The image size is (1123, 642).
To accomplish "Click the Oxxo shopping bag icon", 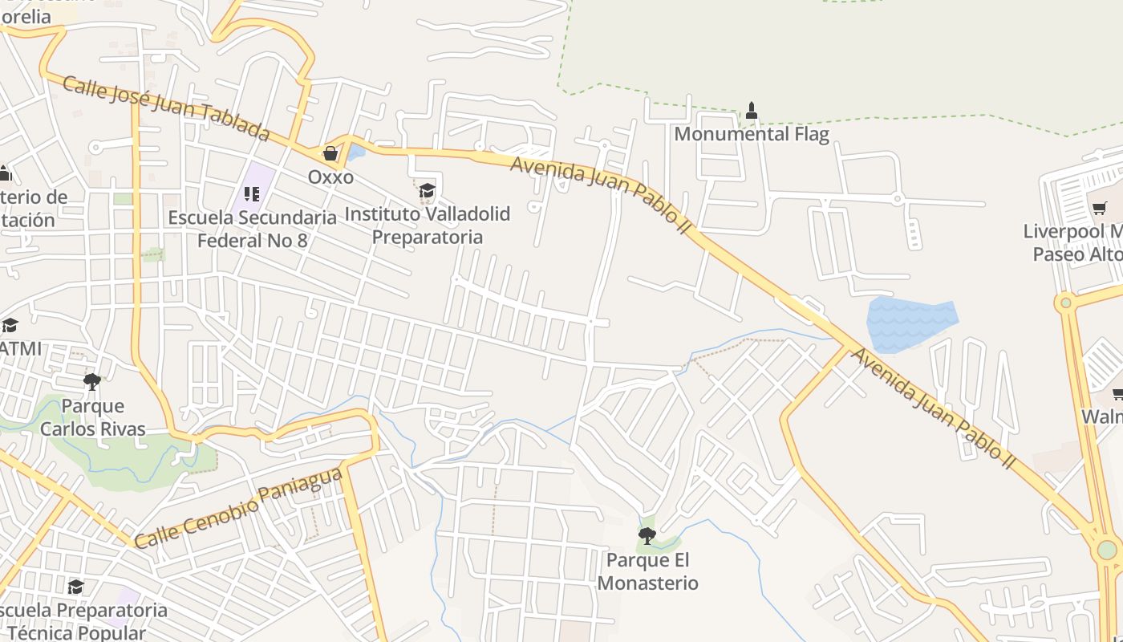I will point(330,153).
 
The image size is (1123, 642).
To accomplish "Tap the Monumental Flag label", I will point(752,134).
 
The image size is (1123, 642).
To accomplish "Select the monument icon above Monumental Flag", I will point(752,111).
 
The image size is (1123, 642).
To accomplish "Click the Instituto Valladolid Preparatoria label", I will point(428,226).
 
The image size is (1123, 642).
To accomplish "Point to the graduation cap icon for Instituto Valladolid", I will point(427,191).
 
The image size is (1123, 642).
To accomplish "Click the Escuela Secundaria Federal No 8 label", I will point(252,229).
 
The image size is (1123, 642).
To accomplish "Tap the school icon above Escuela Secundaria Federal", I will point(252,194).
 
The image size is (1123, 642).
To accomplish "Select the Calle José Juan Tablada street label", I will point(165,108).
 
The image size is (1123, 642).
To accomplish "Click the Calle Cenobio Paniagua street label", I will point(238,509).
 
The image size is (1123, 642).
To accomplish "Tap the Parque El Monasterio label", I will point(647,571).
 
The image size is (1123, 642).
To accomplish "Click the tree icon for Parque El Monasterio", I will point(647,535).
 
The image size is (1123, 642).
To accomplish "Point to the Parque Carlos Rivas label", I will point(93,417).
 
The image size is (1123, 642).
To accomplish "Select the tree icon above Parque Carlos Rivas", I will point(92,381).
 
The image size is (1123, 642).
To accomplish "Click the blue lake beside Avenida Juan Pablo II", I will point(911,324).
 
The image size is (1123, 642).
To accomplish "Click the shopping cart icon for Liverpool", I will point(1099,209).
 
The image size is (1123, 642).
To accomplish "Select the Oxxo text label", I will point(330,177).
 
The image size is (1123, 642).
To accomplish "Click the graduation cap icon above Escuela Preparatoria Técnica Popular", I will point(75,587).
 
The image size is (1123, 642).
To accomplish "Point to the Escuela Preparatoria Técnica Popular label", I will point(80,621).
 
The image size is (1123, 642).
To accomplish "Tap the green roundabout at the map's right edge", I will point(1107,550).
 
